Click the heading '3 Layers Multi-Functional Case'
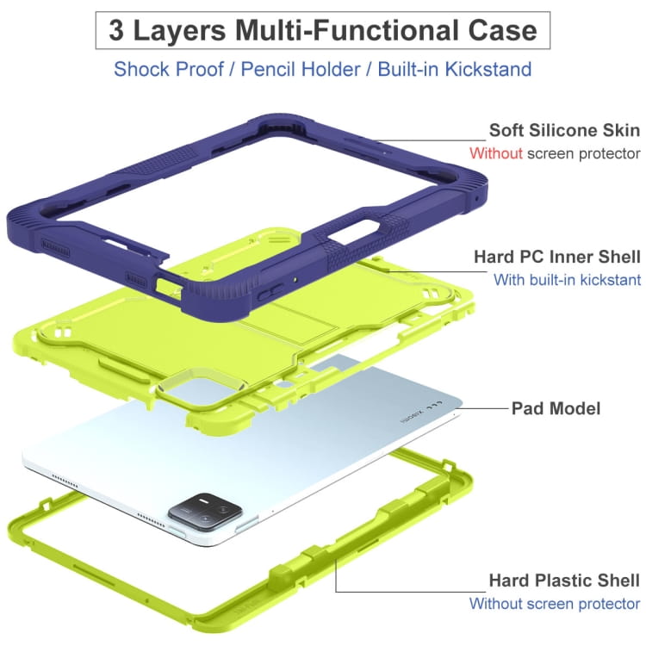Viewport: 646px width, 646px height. (323, 30)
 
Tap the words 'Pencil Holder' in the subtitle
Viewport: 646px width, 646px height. (301, 69)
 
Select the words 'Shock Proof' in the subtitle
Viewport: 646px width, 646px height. (169, 69)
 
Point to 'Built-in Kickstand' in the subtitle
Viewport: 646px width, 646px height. (455, 69)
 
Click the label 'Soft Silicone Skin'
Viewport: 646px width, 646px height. (564, 130)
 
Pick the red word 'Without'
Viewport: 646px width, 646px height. (495, 153)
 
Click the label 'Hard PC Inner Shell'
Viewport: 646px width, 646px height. (557, 257)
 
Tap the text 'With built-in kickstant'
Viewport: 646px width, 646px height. (567, 280)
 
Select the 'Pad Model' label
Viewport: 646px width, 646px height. (556, 408)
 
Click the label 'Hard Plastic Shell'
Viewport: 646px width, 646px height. (564, 580)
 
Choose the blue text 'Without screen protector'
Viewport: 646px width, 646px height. (555, 604)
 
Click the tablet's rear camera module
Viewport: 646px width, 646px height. (205, 512)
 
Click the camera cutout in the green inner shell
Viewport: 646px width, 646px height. (202, 389)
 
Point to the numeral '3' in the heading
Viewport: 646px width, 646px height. (116, 30)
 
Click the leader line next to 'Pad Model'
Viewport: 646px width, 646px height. (482, 408)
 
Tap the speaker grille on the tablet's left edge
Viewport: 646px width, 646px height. (65, 480)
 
